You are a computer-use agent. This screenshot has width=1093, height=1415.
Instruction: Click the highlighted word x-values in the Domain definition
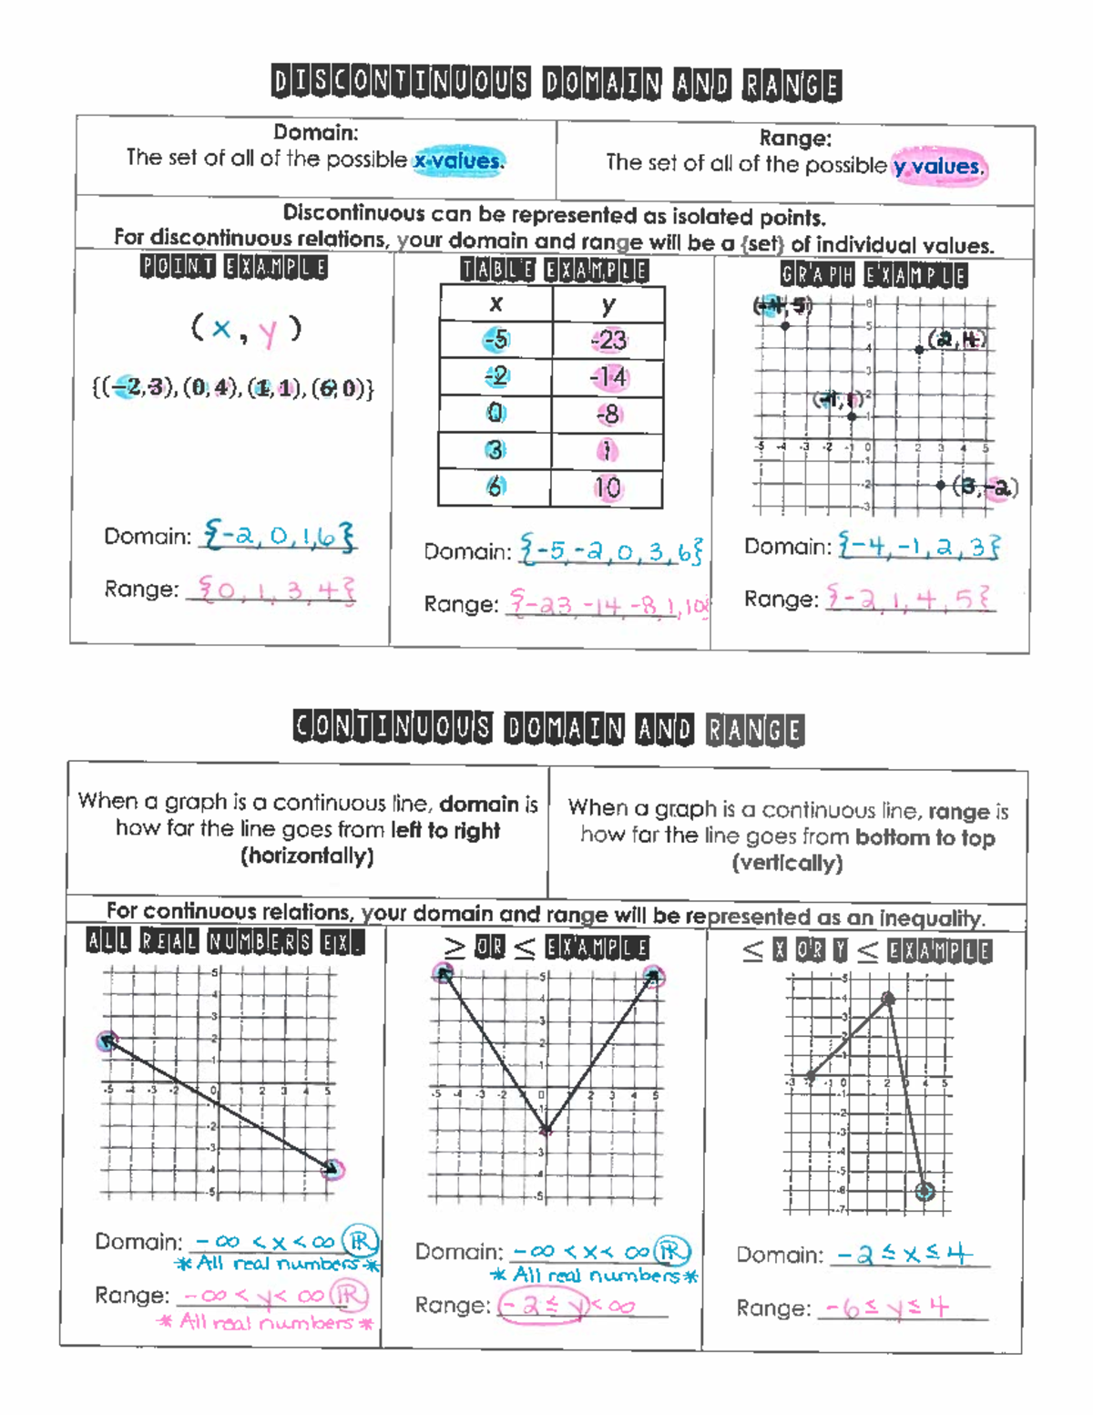point(458,160)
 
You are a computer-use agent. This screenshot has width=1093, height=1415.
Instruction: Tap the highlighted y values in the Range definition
point(938,167)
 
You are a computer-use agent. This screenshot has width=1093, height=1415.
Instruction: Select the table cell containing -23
point(608,340)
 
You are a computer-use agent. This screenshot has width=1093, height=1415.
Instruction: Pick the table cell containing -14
point(608,376)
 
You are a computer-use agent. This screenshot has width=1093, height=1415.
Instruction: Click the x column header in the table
point(496,304)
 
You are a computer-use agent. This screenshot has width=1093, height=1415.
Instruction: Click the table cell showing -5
point(496,340)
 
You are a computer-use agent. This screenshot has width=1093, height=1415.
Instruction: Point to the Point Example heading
point(233,267)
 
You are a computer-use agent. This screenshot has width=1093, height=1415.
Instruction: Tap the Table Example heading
point(554,271)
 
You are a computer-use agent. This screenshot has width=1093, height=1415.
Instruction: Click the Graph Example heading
point(873,275)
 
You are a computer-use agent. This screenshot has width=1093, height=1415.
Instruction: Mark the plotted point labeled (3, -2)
point(941,486)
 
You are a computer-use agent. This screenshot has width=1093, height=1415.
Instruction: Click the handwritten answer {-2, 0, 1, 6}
point(279,536)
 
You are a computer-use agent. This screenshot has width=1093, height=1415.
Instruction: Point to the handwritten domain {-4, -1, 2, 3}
point(918,547)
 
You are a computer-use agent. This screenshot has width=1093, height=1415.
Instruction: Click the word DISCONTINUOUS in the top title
point(400,83)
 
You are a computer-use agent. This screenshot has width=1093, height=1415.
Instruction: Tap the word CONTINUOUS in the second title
point(393,728)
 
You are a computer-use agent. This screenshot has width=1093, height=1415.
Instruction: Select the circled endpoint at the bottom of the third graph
point(924,1191)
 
